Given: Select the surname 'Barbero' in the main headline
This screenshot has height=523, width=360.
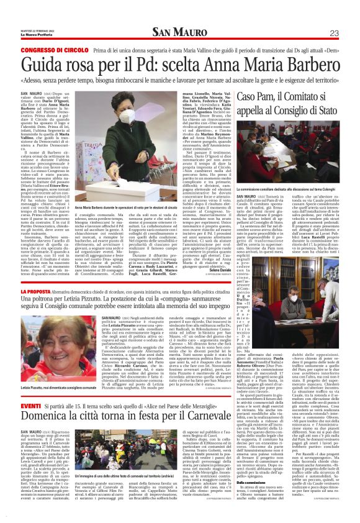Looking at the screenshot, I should click(x=307, y=66).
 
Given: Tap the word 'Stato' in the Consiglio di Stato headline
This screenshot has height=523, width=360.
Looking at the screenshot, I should click(x=325, y=112).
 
